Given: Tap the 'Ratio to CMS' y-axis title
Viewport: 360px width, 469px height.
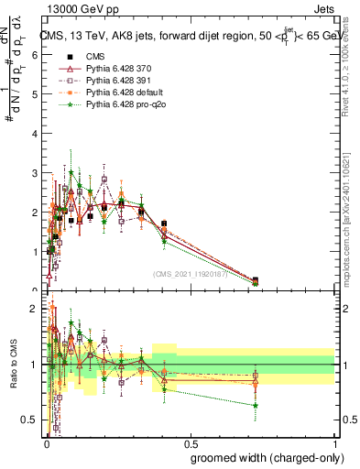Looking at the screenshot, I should coord(12,365).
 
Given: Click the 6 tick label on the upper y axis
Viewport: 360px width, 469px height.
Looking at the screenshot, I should coord(35,55).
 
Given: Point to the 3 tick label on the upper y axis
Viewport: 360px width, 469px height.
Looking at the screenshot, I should coord(35,173).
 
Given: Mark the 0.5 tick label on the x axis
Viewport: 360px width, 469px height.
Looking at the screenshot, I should coord(189,439).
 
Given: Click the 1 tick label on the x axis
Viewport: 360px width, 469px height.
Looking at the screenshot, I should coord(333,439).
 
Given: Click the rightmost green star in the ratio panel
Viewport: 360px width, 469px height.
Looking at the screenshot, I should coord(256,405).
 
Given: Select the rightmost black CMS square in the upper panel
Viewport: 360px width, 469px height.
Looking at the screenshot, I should coord(255,280).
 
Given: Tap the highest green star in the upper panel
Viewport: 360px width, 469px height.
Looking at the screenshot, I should coord(71,172).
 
